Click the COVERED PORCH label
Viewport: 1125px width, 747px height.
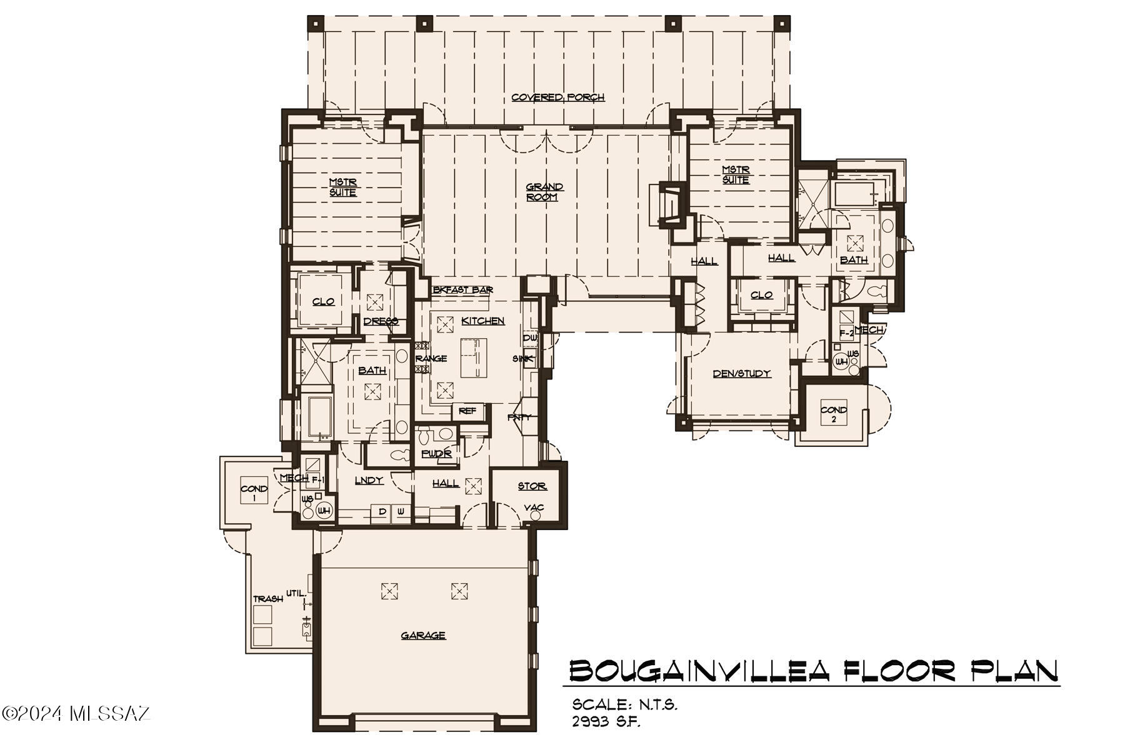(557, 98)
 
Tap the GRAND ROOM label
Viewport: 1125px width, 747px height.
(544, 192)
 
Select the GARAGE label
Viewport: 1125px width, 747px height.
(423, 636)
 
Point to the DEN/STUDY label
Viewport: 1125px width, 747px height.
(742, 374)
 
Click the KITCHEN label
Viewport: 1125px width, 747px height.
(482, 321)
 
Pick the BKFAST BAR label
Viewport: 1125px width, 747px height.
(463, 290)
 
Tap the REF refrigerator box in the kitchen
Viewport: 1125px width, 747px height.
(467, 411)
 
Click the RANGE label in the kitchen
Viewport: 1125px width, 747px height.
(431, 359)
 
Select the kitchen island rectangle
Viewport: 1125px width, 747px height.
(474, 358)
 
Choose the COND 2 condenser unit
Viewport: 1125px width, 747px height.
(834, 414)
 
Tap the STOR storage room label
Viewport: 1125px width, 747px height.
(532, 486)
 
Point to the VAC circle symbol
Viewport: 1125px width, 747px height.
(535, 516)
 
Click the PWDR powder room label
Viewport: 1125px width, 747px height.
(436, 454)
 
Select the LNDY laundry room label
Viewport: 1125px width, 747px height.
(369, 480)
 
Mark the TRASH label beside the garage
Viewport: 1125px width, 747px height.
(267, 599)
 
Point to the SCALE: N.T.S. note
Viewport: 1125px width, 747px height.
(624, 704)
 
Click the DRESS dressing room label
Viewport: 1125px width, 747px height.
(381, 322)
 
